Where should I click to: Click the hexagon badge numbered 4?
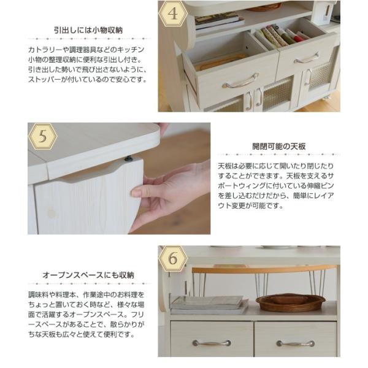173,14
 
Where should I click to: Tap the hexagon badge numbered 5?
43,136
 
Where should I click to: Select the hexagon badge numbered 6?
173,258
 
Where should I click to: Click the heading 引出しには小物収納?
88,30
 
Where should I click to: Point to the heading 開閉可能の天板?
279,147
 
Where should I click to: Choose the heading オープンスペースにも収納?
88,275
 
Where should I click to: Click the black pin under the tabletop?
128,159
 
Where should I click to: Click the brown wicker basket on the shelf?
290,302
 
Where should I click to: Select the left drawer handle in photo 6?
212,343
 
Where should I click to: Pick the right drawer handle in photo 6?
296,343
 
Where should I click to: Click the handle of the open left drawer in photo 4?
240,81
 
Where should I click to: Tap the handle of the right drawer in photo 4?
306,58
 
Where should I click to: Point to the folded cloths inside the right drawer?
282,36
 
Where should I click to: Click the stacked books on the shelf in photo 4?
220,21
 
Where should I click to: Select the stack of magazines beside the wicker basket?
209,305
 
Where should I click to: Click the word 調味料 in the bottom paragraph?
38,295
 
